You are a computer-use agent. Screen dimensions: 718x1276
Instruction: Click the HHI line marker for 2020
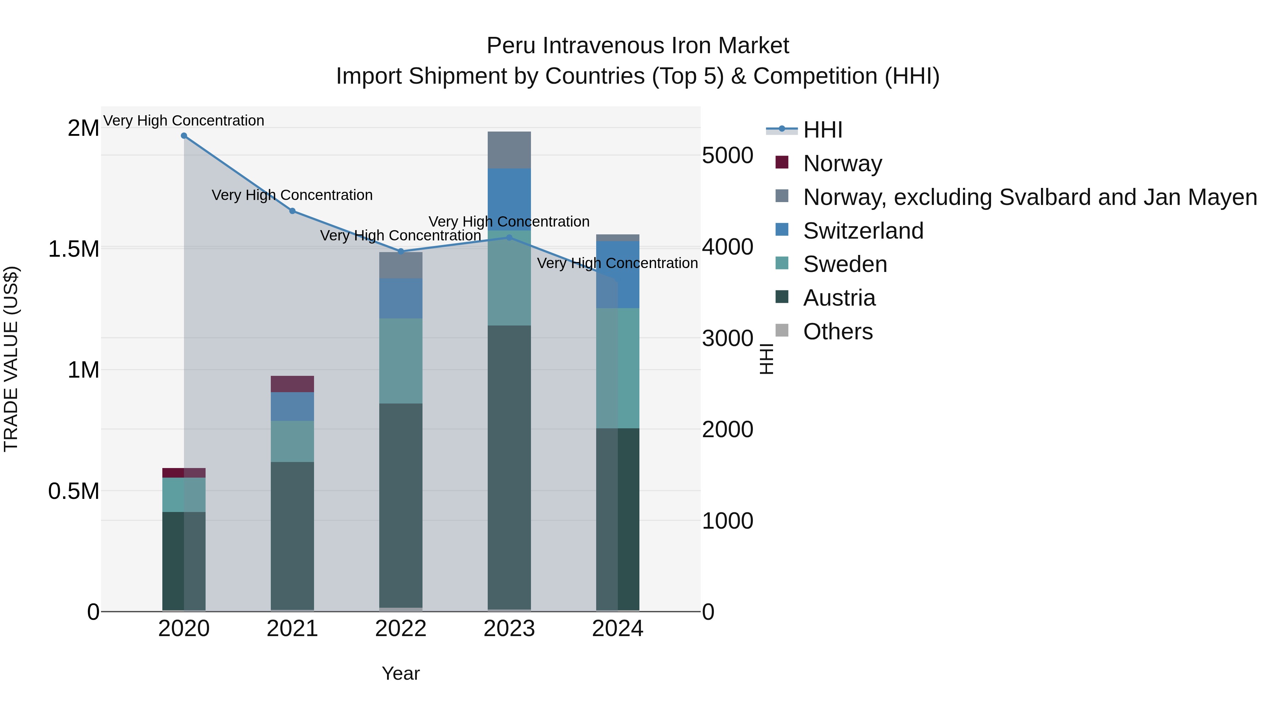(x=184, y=136)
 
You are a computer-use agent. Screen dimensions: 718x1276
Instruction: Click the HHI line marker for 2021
(x=292, y=211)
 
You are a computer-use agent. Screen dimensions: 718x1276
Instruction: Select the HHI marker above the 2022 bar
(x=401, y=252)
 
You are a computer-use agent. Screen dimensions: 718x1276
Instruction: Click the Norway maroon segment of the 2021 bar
(x=292, y=384)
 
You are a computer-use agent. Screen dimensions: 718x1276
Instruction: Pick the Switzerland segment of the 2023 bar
(x=509, y=199)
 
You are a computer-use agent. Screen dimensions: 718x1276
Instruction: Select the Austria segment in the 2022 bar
(x=401, y=505)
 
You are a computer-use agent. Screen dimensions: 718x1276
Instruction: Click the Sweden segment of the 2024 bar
(x=618, y=368)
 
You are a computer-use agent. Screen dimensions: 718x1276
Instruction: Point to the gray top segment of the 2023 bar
(x=509, y=150)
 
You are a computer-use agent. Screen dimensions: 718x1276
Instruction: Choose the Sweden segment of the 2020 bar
(x=184, y=495)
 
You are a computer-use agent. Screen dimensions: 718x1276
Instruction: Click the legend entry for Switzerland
(x=863, y=231)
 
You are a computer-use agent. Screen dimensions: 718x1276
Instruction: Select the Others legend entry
(x=838, y=332)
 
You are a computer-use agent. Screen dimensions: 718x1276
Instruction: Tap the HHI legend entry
(x=822, y=130)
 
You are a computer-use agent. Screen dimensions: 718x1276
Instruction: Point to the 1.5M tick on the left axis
(x=74, y=249)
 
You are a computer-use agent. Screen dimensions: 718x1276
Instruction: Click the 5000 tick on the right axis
(x=728, y=156)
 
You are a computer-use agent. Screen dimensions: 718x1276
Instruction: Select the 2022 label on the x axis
(x=401, y=629)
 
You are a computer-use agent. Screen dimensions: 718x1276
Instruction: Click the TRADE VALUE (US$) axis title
(x=11, y=359)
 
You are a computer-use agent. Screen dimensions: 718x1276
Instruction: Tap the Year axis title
(x=401, y=673)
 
